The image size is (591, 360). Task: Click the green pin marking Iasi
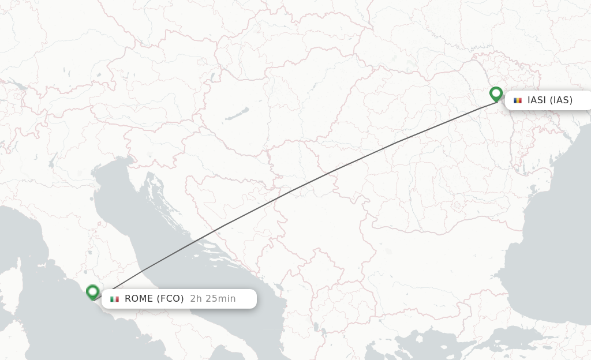click(x=496, y=93)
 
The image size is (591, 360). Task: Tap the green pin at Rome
click(x=92, y=292)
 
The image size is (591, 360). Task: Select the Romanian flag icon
click(x=518, y=100)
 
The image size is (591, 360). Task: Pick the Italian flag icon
click(x=115, y=299)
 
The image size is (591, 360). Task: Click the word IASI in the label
click(x=537, y=100)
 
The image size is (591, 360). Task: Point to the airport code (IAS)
click(x=561, y=100)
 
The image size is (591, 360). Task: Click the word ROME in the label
click(x=139, y=299)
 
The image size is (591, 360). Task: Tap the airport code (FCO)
click(x=171, y=299)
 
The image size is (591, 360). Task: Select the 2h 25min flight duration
click(x=213, y=299)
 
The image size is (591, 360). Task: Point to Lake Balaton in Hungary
click(x=237, y=114)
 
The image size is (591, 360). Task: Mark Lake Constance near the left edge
click(x=17, y=87)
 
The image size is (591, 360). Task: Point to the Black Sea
click(x=548, y=242)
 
